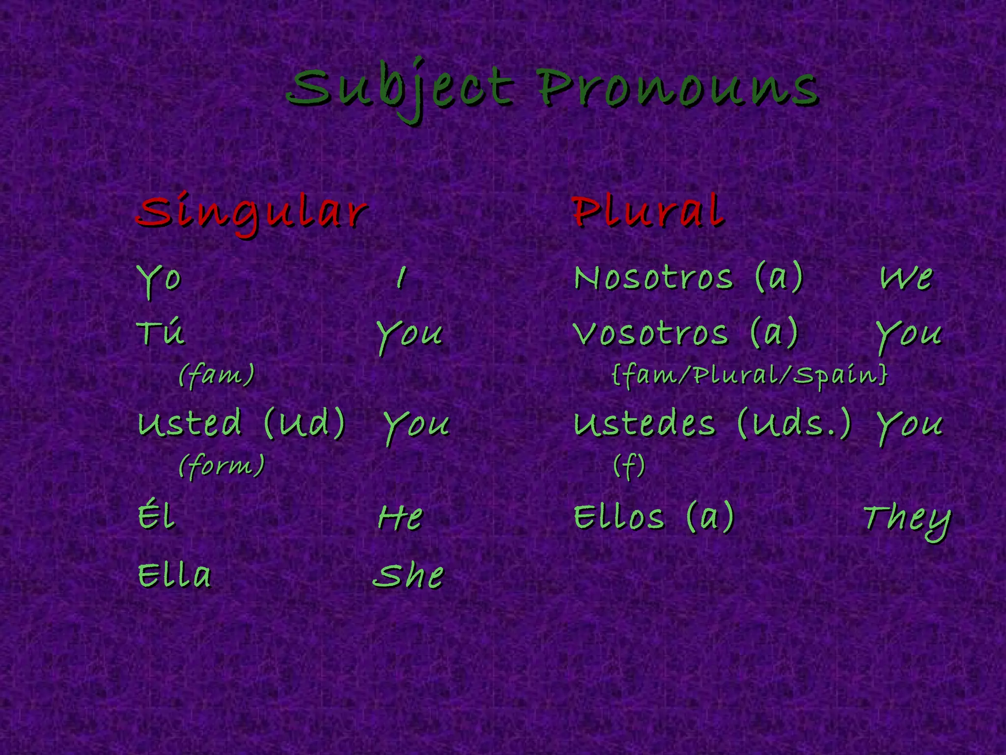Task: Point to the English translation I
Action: (x=401, y=278)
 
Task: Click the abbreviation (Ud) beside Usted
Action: (x=305, y=423)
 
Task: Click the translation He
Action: (x=400, y=518)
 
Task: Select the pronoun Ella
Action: (x=174, y=575)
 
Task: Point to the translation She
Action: (x=408, y=576)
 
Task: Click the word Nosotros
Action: (x=654, y=278)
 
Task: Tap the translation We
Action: (x=906, y=278)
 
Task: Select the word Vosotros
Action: (x=651, y=333)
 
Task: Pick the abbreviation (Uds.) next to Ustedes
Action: (x=794, y=423)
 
